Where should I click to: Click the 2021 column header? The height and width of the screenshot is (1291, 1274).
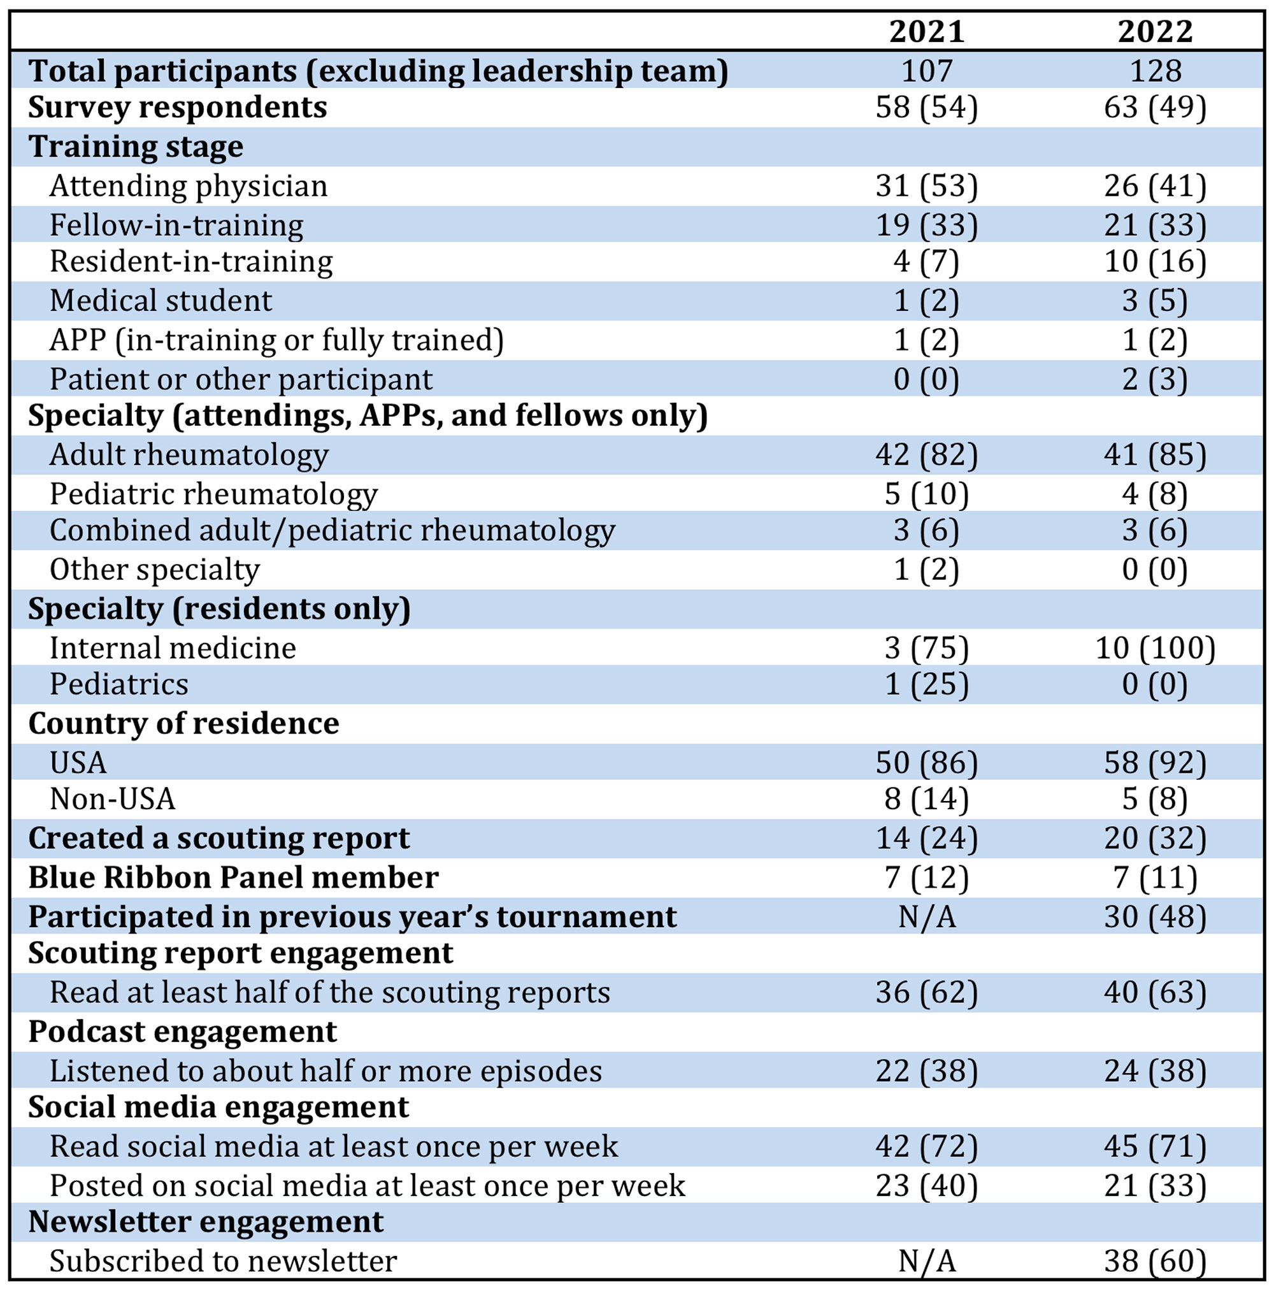coord(927,31)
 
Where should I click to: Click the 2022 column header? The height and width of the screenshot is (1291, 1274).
coord(1155,31)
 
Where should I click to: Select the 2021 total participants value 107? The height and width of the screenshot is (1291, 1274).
coord(927,70)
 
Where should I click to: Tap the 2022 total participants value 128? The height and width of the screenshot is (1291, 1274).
coord(1155,70)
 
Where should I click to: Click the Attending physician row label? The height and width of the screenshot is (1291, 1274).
coord(189,186)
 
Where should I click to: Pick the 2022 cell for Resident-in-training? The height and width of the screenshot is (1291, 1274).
coord(1155,261)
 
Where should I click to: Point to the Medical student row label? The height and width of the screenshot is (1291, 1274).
coord(161,301)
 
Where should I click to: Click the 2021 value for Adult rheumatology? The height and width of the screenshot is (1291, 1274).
coord(927,455)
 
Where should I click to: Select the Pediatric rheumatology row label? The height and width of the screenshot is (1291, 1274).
coord(214,494)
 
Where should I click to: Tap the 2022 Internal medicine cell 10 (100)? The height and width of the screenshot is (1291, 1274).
coord(1155,648)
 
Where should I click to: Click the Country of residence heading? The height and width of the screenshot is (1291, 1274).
coord(183,723)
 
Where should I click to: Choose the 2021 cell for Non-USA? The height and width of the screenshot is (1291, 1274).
coord(927,799)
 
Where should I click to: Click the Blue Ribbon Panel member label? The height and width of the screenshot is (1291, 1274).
coord(233,877)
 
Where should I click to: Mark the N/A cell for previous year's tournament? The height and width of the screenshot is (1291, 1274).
coord(927,917)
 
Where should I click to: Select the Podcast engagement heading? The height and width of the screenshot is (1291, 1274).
coord(182,1032)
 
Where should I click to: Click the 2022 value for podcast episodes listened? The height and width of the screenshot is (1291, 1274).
coord(1155,1071)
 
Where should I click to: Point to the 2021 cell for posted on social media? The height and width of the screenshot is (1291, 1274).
coord(927,1186)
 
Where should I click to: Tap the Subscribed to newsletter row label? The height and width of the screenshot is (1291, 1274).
coord(223,1262)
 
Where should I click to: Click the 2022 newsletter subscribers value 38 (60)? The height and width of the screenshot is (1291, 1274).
coord(1155,1262)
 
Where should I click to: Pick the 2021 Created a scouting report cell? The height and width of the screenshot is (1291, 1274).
coord(927,839)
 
